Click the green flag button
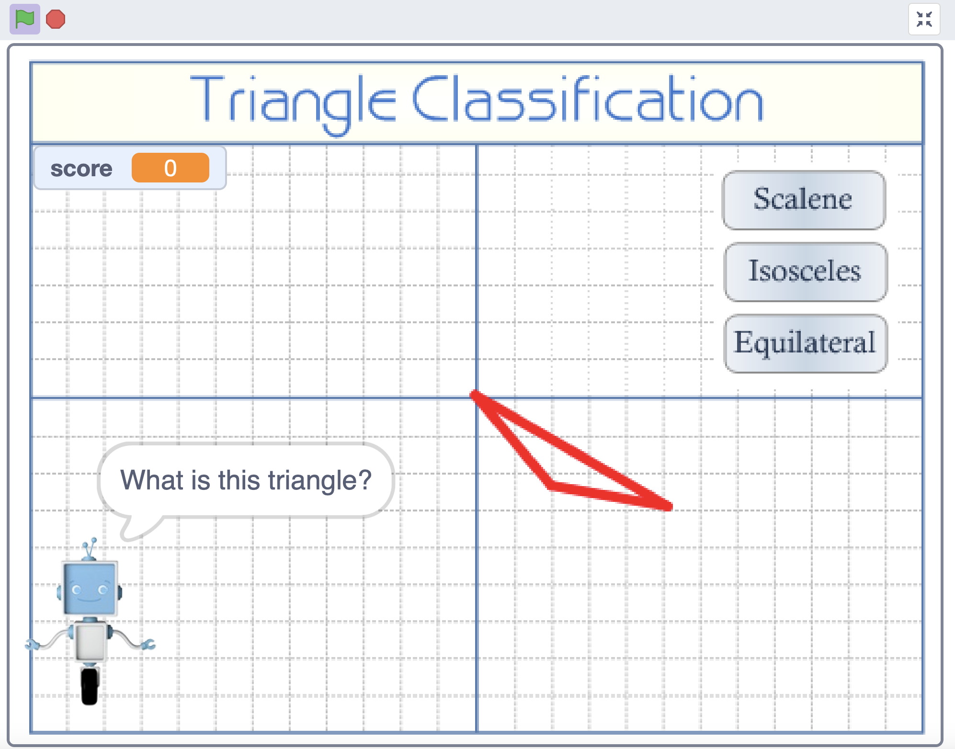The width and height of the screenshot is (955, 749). point(25,19)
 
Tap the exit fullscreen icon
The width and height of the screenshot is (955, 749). point(924,19)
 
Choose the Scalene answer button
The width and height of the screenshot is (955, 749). point(803,200)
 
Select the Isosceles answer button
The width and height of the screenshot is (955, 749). point(806,272)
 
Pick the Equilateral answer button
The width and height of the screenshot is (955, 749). point(806,343)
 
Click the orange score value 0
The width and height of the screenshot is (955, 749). point(171,168)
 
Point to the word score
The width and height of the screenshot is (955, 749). point(81,169)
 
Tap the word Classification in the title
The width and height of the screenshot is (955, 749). point(588,99)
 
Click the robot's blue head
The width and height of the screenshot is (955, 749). point(90,589)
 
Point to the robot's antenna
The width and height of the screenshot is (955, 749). point(90,549)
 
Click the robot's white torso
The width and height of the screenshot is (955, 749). point(91,641)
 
